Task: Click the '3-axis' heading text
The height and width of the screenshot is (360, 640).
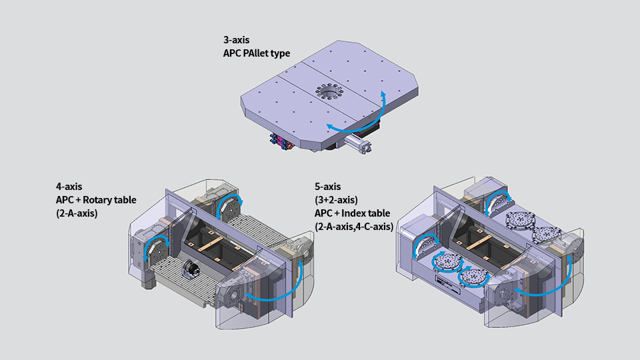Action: (x=236, y=40)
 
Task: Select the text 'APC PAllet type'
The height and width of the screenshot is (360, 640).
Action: (x=257, y=53)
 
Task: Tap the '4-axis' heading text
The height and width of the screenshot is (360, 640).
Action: (x=69, y=187)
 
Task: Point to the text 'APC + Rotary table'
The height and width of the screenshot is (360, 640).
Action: (x=96, y=200)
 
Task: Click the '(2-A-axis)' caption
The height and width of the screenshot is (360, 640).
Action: (x=77, y=213)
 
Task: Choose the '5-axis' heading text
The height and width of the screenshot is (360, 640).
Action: (x=328, y=187)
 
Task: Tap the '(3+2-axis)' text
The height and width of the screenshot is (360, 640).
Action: (x=336, y=200)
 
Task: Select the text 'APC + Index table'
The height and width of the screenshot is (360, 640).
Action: (x=352, y=213)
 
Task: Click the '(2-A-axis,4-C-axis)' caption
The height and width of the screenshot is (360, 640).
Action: (x=354, y=227)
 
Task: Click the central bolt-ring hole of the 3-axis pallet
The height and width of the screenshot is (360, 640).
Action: (x=329, y=92)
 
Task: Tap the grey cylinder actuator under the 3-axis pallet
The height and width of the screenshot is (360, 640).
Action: (x=357, y=144)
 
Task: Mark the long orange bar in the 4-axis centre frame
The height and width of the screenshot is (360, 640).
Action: (x=210, y=245)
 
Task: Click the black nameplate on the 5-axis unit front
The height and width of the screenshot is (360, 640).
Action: (x=449, y=285)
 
